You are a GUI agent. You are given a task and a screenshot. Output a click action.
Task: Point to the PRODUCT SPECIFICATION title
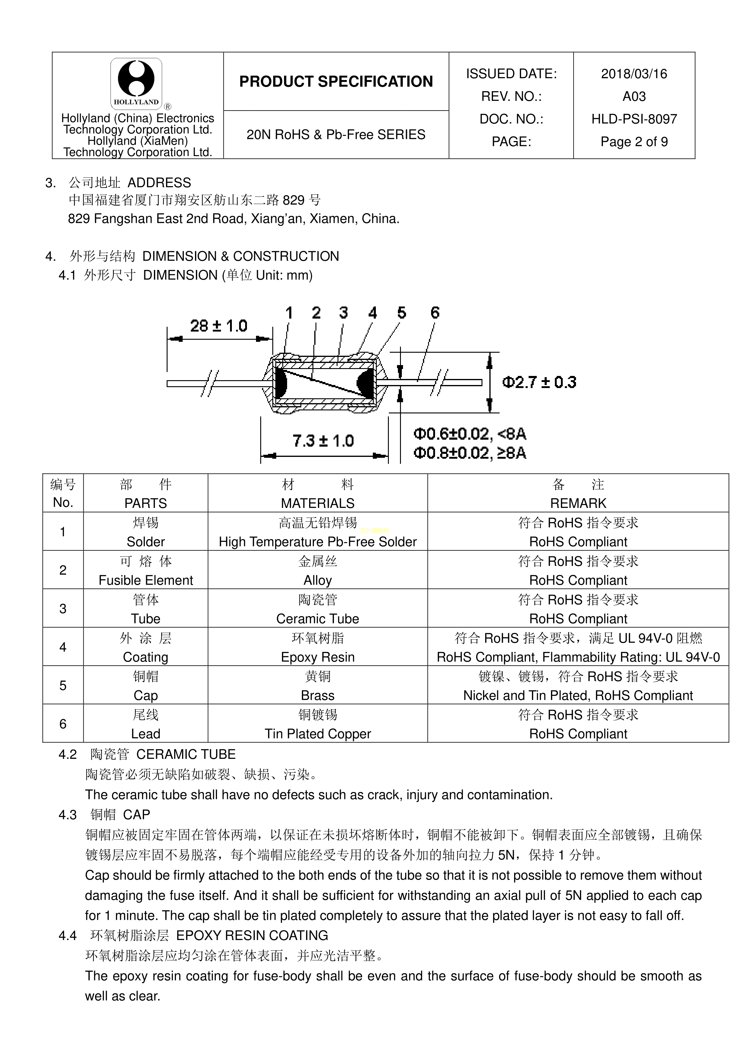click(x=336, y=82)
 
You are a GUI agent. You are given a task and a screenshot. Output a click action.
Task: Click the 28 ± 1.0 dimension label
click(x=219, y=326)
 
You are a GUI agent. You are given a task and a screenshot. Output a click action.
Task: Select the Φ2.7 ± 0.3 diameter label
click(x=539, y=382)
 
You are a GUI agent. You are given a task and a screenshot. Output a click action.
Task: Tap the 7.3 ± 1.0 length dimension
click(x=323, y=441)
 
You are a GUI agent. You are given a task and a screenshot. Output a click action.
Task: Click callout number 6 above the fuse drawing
click(x=435, y=313)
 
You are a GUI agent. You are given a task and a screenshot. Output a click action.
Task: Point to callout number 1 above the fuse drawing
click(x=289, y=313)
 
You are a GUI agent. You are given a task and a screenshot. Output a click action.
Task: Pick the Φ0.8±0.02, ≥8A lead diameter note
click(x=469, y=453)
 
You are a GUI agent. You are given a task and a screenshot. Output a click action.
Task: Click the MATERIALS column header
click(x=318, y=503)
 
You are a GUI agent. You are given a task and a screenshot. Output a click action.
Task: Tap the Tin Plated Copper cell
click(x=318, y=733)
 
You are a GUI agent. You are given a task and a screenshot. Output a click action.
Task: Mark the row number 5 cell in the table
click(x=63, y=685)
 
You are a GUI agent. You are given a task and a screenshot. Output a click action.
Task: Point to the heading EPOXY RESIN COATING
click(x=252, y=935)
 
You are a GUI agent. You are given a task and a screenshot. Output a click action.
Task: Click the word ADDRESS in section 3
click(x=159, y=183)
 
